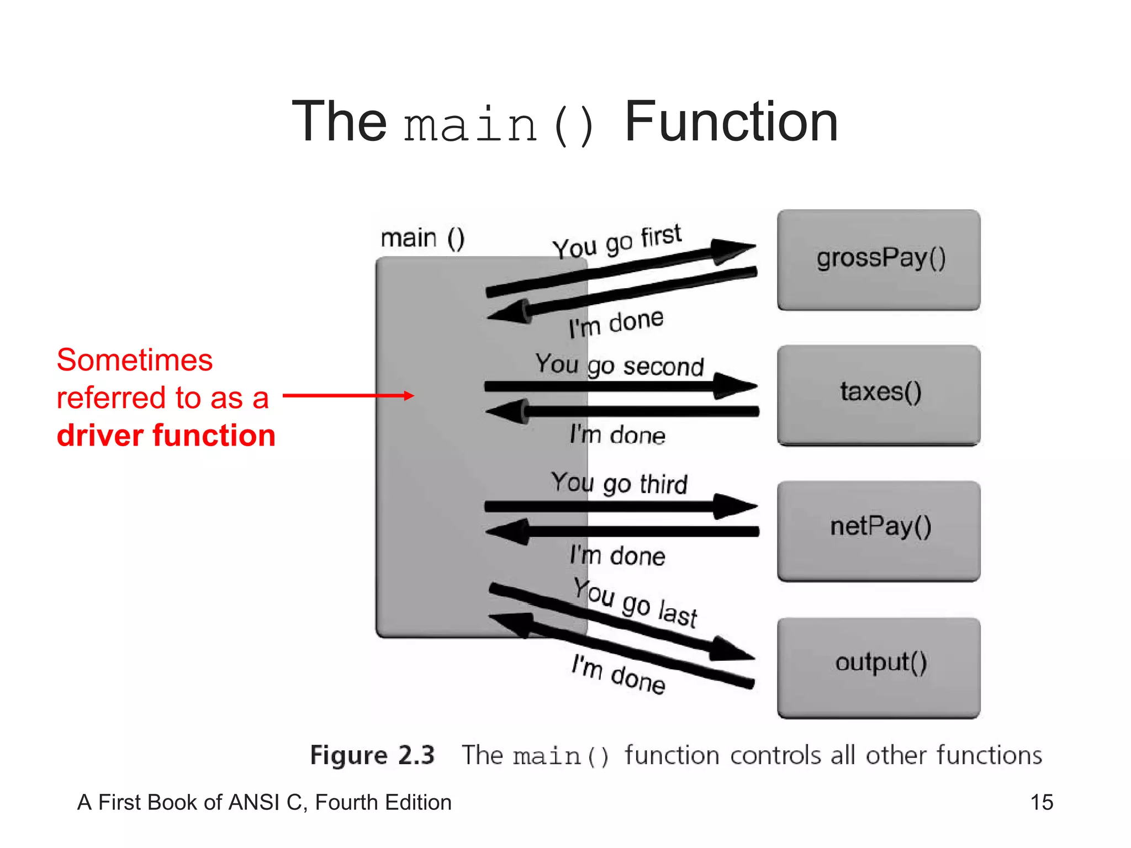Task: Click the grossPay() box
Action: [879, 259]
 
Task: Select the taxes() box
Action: [879, 394]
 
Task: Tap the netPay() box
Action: [879, 530]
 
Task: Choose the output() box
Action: [879, 666]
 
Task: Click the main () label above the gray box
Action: [422, 239]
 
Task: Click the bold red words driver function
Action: [166, 435]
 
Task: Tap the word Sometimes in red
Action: [134, 360]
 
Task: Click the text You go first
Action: [617, 241]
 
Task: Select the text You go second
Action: [619, 365]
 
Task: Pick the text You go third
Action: [619, 483]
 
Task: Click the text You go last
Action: [635, 603]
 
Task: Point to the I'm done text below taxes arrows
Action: [617, 435]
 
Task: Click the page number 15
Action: [1042, 802]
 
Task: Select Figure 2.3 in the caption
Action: [372, 755]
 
